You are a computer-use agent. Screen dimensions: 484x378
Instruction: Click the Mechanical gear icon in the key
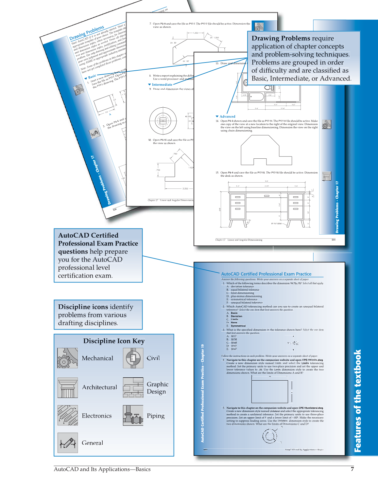click(x=68, y=358)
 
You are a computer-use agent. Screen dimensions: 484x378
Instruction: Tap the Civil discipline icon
click(x=133, y=358)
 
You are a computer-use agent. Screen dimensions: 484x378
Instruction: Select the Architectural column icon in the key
click(x=68, y=388)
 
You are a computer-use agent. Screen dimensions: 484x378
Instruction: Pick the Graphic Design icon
click(x=133, y=388)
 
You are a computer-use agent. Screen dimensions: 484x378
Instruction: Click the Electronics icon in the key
click(x=68, y=415)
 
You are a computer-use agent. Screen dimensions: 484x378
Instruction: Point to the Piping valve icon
click(x=133, y=415)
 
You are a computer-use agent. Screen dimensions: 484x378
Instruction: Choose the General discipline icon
click(x=68, y=443)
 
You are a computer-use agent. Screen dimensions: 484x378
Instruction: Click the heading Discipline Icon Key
click(x=114, y=341)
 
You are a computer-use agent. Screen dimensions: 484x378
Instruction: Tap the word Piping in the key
click(x=156, y=416)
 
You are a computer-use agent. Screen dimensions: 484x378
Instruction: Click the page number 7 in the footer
click(x=352, y=469)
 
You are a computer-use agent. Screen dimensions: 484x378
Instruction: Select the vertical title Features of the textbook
click(x=358, y=401)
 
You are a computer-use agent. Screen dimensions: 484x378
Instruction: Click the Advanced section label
click(x=227, y=117)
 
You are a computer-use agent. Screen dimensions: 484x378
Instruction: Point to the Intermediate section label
click(x=162, y=85)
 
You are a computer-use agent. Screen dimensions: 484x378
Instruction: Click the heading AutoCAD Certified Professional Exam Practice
click(x=266, y=274)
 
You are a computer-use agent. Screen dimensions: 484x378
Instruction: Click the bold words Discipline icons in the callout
click(x=83, y=307)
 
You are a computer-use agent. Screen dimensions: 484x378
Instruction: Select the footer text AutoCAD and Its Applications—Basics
click(x=102, y=469)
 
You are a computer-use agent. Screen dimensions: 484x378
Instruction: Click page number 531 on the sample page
click(x=333, y=240)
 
